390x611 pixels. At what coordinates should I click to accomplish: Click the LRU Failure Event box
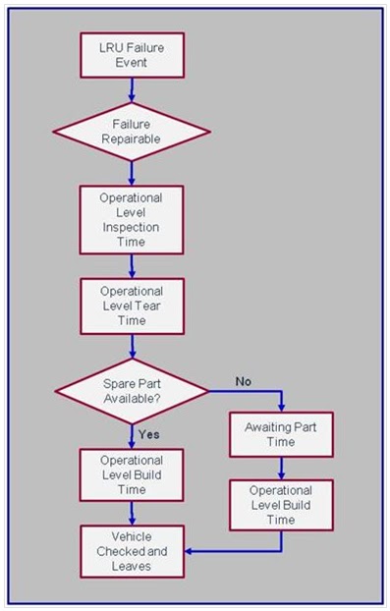131,53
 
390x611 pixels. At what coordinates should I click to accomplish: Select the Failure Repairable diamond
131,132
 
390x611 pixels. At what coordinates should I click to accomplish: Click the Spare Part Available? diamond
131,389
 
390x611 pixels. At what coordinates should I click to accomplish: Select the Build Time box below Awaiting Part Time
282,505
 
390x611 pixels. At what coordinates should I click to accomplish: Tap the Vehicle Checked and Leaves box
131,551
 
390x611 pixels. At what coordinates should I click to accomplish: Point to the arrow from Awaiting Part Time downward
282,468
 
